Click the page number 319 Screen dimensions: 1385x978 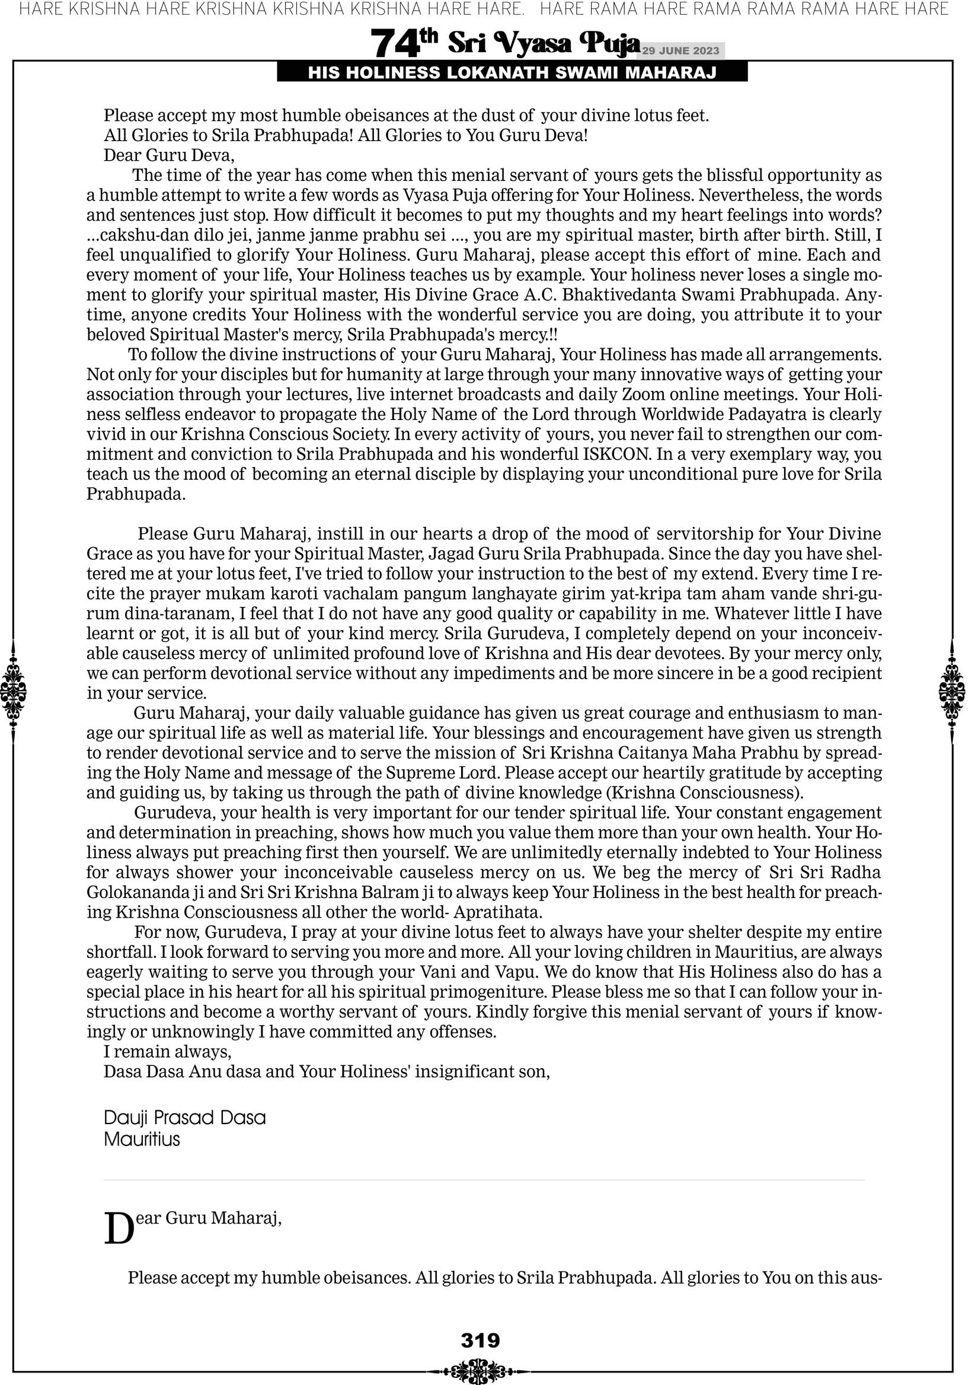pyautogui.click(x=480, y=1340)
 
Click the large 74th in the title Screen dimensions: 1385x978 pyautogui.click(x=403, y=43)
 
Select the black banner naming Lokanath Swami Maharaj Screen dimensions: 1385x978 pyautogui.click(x=512, y=73)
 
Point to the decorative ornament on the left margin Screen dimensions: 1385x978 pyautogui.click(x=13, y=691)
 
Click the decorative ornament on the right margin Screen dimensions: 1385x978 pyautogui.click(x=952, y=691)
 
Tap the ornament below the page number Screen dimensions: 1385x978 pyautogui.click(x=480, y=1371)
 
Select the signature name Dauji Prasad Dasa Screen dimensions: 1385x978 pyautogui.click(x=184, y=1117)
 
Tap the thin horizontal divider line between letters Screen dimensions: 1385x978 pyautogui.click(x=484, y=1179)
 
